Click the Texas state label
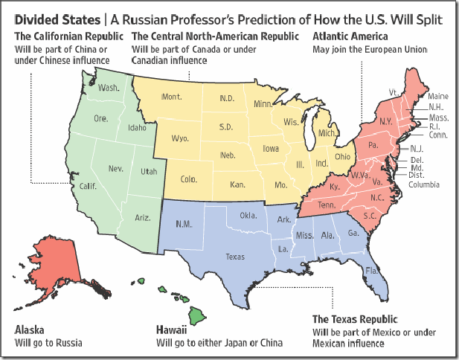(235, 257)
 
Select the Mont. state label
(172, 97)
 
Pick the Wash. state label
(109, 88)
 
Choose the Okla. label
(248, 215)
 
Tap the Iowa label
(271, 149)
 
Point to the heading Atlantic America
(350, 36)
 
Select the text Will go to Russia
(48, 343)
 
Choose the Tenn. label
(325, 205)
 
